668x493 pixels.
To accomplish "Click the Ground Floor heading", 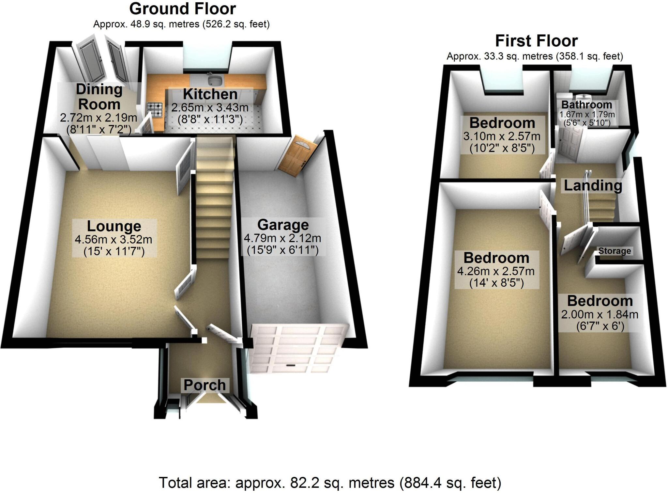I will click(182, 9).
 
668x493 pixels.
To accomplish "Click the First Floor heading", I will click(536, 41).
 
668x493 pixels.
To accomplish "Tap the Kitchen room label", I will click(210, 94).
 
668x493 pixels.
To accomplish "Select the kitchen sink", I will click(215, 79).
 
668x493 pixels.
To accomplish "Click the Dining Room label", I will click(99, 97).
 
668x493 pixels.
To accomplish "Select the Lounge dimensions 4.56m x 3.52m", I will click(113, 239).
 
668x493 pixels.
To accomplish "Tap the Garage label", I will click(283, 225).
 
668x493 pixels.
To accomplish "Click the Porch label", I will click(205, 385).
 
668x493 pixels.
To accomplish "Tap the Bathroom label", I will click(586, 105).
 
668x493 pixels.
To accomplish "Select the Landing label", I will click(593, 185).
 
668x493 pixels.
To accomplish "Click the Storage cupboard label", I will click(615, 251).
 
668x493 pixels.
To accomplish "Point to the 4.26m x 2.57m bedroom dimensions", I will click(495, 271).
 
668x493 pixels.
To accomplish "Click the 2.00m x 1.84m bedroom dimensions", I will click(600, 314).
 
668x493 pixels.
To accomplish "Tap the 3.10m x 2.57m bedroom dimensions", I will click(502, 136).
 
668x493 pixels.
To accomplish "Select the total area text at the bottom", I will click(329, 483).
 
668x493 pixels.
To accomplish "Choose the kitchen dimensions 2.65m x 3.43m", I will click(210, 107).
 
